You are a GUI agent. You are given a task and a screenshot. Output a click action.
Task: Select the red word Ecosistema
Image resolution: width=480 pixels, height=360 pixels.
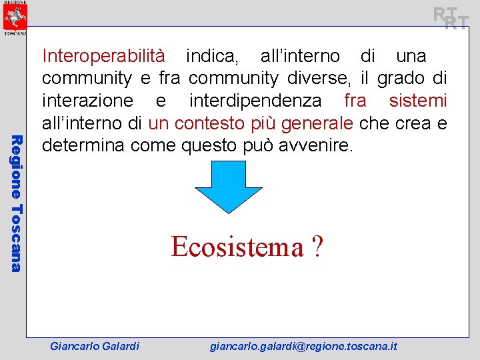(x=237, y=247)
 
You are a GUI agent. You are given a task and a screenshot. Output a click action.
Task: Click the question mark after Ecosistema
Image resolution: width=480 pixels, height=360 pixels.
(x=317, y=247)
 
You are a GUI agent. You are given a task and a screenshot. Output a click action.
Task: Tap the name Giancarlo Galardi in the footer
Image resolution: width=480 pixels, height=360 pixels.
(x=95, y=346)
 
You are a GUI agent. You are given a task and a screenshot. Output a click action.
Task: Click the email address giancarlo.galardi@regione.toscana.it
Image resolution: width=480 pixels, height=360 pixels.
(x=303, y=346)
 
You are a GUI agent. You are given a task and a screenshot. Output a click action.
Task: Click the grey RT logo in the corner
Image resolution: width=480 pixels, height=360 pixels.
(x=450, y=18)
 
